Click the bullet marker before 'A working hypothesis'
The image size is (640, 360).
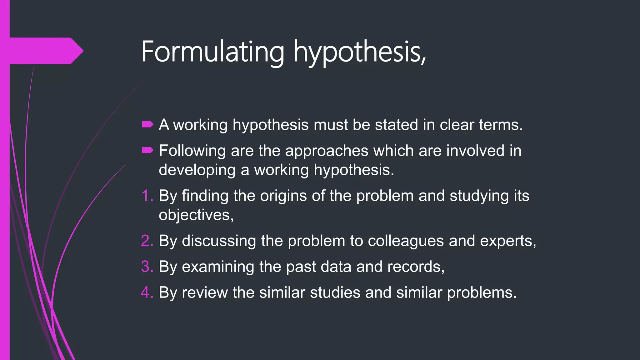[x=147, y=125]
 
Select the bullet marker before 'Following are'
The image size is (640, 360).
[x=147, y=151]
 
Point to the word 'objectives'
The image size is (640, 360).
[x=194, y=216]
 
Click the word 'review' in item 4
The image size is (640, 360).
[x=205, y=293]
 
